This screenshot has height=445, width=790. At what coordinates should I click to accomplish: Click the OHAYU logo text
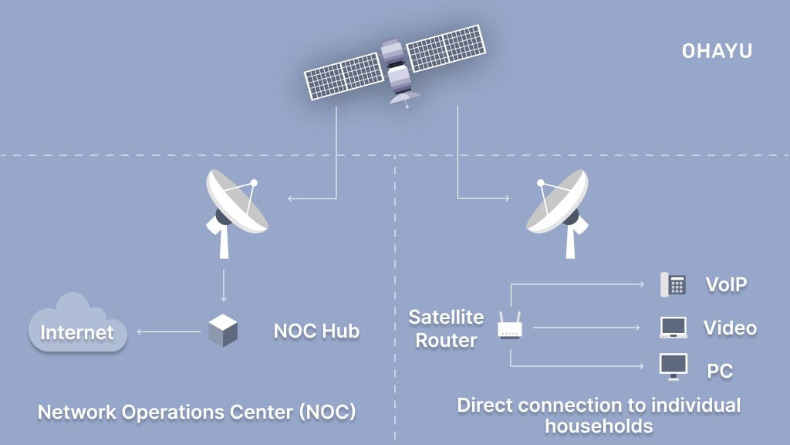click(716, 51)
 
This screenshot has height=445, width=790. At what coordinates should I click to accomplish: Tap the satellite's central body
click(394, 67)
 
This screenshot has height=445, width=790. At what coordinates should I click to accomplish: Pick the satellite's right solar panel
click(444, 49)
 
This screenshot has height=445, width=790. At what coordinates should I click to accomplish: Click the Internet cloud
click(76, 325)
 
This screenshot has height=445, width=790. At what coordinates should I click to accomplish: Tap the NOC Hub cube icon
click(223, 331)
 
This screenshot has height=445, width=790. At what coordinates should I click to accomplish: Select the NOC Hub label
click(316, 331)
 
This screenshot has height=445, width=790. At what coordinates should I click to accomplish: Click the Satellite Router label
click(446, 328)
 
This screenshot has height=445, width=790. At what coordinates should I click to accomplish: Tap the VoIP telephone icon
click(673, 284)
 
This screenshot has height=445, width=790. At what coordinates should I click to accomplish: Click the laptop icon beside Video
click(673, 328)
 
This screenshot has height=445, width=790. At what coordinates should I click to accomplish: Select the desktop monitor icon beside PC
click(673, 366)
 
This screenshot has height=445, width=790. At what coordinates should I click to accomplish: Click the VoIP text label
click(726, 285)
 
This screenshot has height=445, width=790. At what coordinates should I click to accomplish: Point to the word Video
click(729, 328)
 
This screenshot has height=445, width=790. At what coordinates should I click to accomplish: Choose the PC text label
click(719, 372)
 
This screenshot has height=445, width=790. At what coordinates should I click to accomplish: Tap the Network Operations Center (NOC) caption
click(197, 412)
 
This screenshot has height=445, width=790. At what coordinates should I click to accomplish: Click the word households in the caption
click(599, 425)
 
